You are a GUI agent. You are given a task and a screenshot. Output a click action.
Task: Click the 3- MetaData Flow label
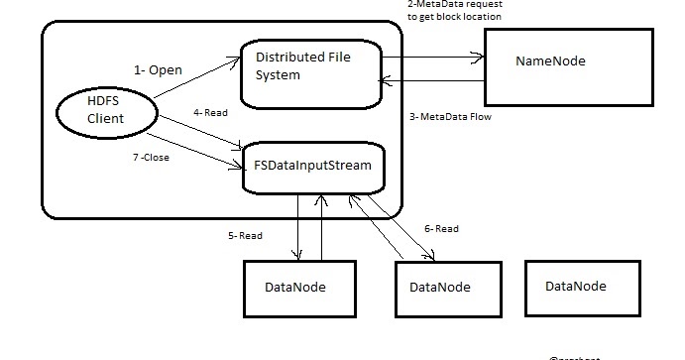click(450, 117)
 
